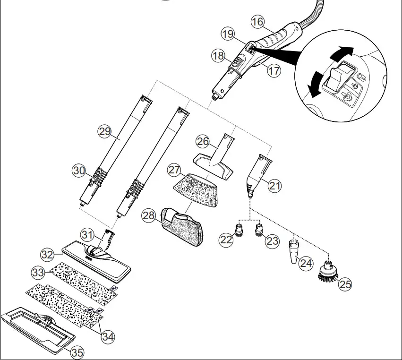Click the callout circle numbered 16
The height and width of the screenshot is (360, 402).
point(257,22)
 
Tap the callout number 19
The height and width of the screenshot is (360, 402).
point(228,34)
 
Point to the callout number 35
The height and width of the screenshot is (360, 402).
point(77,351)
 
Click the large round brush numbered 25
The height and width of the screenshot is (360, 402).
point(328,271)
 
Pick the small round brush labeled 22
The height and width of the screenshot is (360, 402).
point(240,231)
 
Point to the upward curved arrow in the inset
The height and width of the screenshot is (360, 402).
point(341,53)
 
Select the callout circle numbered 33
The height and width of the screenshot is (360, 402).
point(38,272)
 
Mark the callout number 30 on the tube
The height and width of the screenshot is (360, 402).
point(79,170)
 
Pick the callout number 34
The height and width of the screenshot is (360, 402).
point(108,337)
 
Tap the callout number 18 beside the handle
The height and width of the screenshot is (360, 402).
point(218,56)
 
